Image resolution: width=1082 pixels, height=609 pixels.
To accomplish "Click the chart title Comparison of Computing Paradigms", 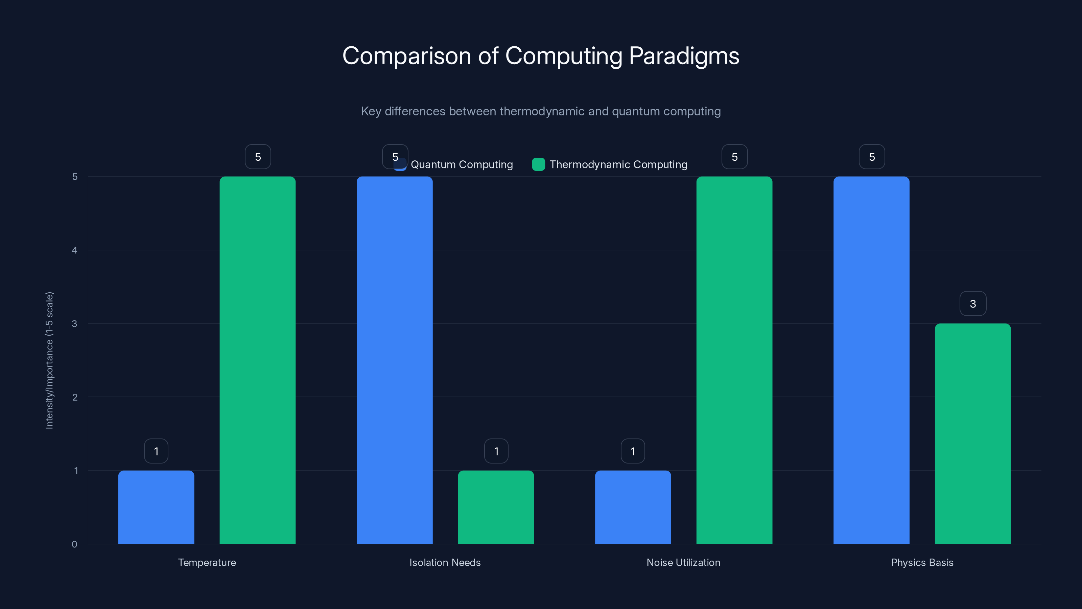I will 541,56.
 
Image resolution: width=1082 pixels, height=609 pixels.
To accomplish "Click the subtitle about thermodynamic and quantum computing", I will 541,111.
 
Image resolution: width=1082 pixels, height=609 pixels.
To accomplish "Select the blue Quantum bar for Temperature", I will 156,507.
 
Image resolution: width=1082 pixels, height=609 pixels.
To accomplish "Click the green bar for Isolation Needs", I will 496,507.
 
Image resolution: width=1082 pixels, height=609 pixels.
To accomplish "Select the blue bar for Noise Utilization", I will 633,507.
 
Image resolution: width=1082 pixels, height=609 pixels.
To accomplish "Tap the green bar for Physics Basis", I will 972,433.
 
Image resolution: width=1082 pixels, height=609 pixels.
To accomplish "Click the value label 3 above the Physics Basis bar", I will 973,304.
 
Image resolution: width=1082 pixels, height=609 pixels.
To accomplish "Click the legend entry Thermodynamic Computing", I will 618,164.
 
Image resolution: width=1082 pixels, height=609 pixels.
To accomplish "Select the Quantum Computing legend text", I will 462,164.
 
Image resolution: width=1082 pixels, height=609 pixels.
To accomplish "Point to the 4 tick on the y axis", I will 75,250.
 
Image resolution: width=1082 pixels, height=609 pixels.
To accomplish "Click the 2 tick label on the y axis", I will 75,397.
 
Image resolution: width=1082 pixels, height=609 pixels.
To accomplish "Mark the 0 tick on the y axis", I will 75,544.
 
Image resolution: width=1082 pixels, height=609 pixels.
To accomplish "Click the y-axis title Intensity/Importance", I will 50,360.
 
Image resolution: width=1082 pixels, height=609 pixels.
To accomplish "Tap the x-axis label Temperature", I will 207,562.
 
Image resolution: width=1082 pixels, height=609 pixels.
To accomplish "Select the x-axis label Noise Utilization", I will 683,562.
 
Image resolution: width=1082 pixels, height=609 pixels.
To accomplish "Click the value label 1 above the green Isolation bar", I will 496,451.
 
